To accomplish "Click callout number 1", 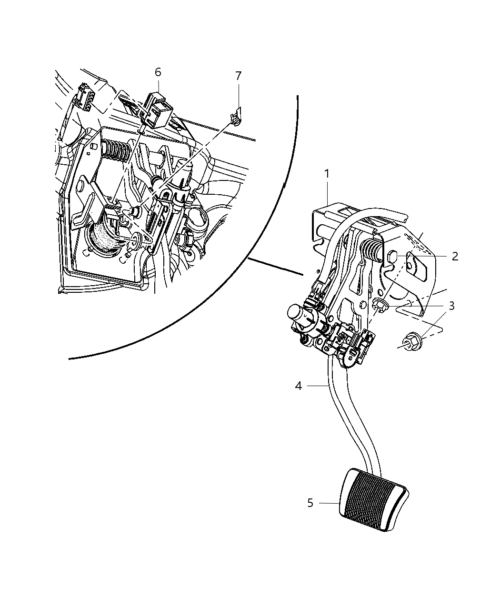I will [x=327, y=175].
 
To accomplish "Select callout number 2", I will [x=454, y=256].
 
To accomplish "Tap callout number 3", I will [x=451, y=306].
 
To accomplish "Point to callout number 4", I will [x=298, y=386].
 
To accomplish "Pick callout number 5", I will [x=310, y=503].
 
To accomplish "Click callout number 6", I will [x=158, y=72].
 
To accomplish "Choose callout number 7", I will [x=238, y=76].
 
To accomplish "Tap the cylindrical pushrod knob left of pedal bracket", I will [x=299, y=315].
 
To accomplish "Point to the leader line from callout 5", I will [x=329, y=503].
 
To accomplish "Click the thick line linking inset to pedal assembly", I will [x=275, y=268].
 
